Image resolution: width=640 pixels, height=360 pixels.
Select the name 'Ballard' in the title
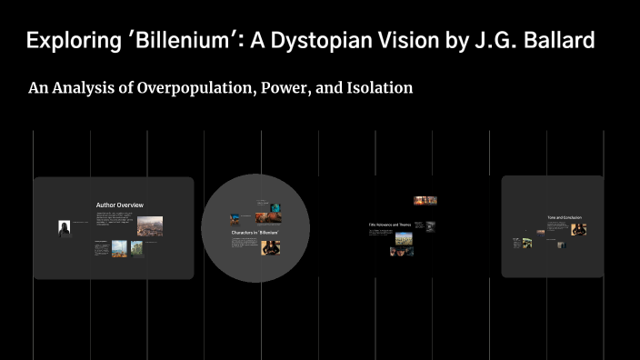pyautogui.click(x=561, y=41)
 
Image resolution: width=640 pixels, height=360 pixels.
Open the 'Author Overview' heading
pyautogui.click(x=120, y=205)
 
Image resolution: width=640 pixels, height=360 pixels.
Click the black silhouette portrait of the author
pyautogui.click(x=65, y=228)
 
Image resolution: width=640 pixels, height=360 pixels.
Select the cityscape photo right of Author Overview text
pyautogui.click(x=150, y=225)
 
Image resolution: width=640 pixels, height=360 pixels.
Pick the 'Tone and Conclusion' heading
pyautogui.click(x=565, y=218)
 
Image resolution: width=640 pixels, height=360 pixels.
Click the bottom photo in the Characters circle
pyautogui.click(x=270, y=247)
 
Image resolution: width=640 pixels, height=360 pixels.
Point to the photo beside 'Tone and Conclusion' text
pyautogui.click(x=578, y=229)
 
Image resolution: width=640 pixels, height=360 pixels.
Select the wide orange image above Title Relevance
pyautogui.click(x=425, y=201)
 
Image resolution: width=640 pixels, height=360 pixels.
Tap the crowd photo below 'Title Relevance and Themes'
pyautogui.click(x=403, y=238)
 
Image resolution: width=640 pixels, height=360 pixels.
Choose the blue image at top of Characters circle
pyautogui.click(x=235, y=218)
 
